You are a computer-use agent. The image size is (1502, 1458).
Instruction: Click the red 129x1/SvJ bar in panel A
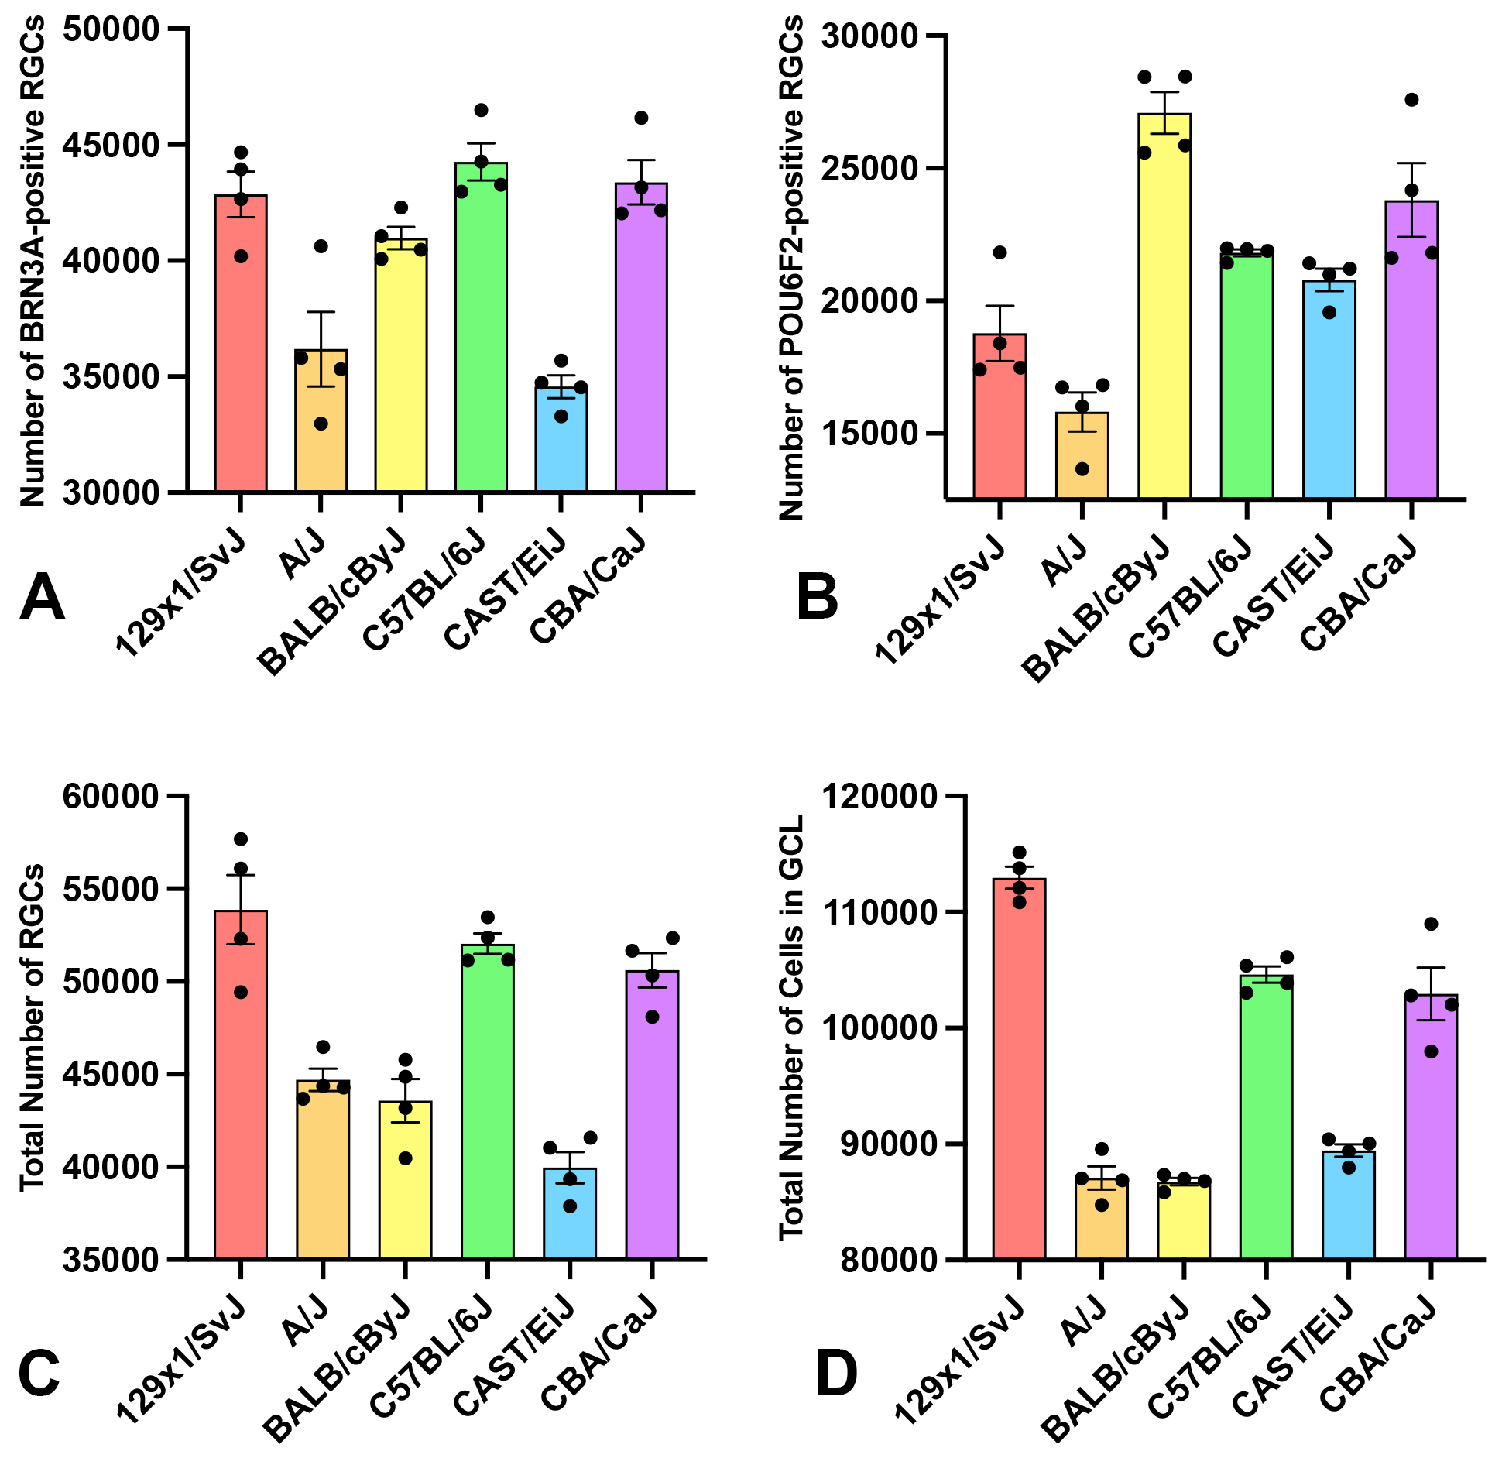241,348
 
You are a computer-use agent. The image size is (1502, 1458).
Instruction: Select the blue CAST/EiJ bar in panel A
561,441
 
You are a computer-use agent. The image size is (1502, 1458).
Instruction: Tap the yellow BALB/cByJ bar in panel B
1164,310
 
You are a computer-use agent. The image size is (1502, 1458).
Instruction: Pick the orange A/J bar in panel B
1082,457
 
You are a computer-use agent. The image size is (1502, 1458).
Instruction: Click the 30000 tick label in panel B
869,36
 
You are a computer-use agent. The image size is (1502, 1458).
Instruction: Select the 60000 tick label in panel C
111,797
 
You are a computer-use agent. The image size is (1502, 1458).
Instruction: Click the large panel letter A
42,599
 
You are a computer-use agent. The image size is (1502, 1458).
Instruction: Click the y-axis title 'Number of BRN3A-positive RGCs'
33,263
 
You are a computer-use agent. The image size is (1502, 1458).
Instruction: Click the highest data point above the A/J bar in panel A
321,246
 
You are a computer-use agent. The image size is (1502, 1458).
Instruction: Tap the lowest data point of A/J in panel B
1082,469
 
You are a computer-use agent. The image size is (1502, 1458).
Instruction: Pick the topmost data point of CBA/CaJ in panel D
1431,924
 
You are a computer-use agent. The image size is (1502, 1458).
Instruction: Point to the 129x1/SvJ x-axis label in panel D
960,1363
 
